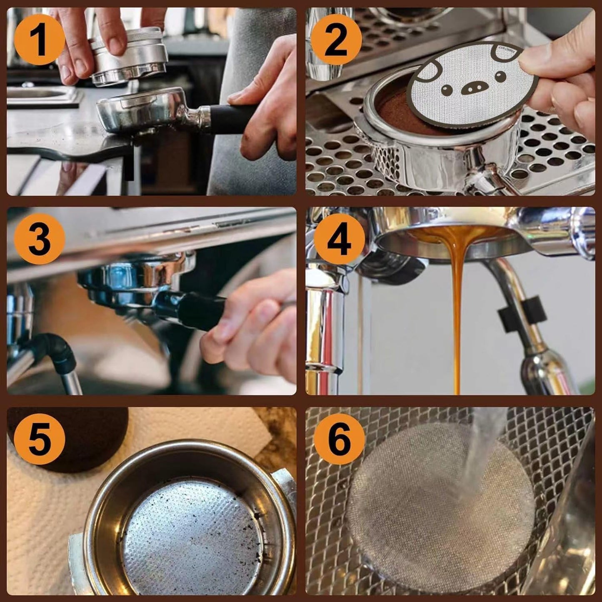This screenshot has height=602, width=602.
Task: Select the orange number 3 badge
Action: pos(39,240)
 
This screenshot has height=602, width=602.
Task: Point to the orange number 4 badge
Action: pos(339,240)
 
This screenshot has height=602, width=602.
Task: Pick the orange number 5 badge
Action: pos(39,440)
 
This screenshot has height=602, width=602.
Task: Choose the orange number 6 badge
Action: pos(339,440)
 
